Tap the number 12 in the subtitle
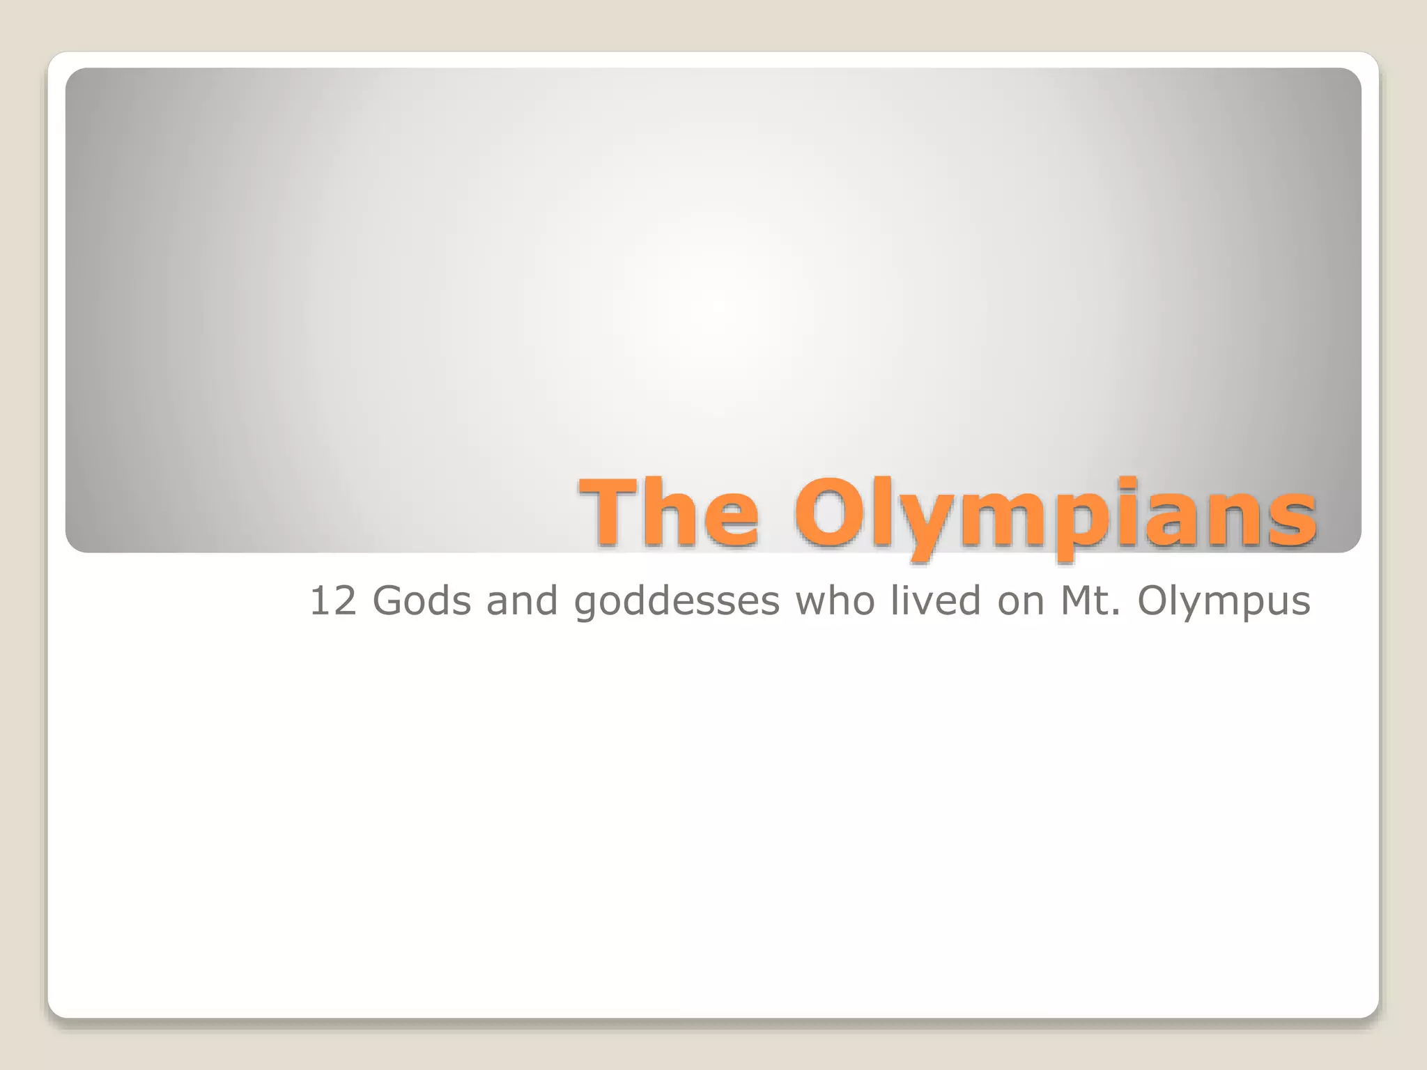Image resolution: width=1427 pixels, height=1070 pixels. click(333, 601)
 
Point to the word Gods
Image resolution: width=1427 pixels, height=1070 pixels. click(422, 601)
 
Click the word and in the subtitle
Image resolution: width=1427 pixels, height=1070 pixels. click(523, 601)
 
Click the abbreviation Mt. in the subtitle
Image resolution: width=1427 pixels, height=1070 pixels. click(1091, 601)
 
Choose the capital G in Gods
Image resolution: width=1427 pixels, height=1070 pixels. click(388, 601)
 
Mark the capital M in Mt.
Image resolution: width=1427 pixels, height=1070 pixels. click(1078, 601)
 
